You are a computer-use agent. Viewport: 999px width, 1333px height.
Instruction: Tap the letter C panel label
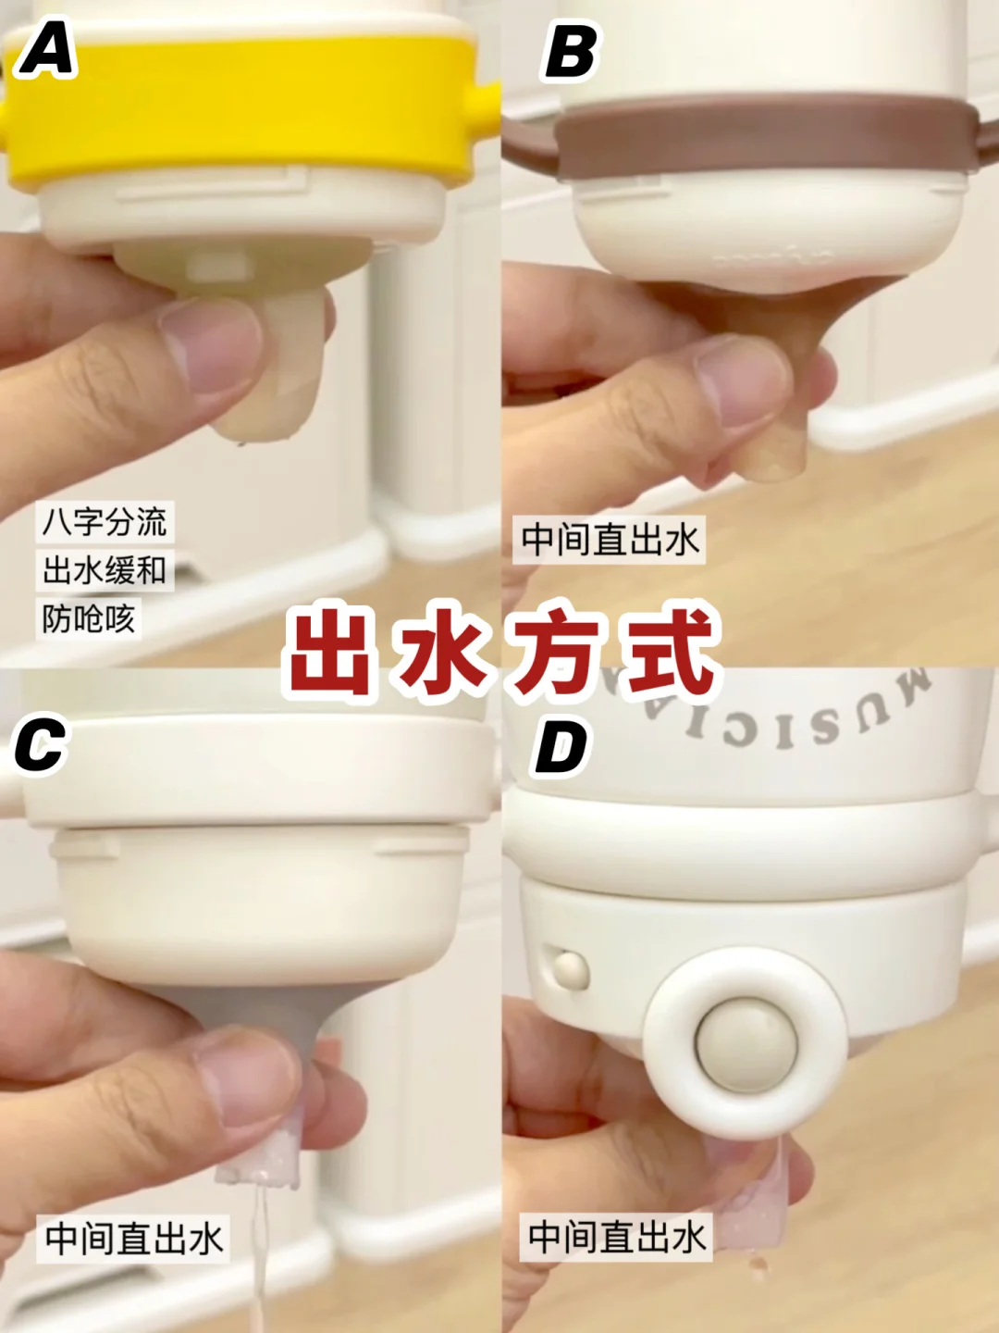pos(40,744)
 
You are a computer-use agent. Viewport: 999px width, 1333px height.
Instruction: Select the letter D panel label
pos(561,748)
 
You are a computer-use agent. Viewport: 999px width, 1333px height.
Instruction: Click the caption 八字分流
pos(105,522)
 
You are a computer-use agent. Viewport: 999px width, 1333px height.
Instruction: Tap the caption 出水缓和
pos(105,570)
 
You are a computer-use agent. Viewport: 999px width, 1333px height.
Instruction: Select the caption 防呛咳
pos(89,619)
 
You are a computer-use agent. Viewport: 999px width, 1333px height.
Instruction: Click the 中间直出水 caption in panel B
pos(609,540)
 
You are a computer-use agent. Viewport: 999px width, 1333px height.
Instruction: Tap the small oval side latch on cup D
pos(570,970)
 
